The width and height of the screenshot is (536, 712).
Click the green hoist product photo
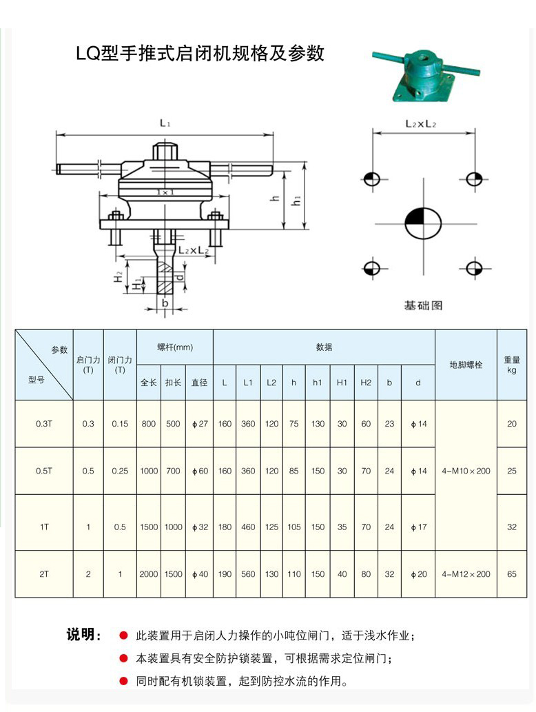(x=424, y=74)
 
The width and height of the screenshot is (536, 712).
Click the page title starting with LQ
(x=200, y=53)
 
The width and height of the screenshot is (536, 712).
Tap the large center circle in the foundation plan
(x=422, y=223)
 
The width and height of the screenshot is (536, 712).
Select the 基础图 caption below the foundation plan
(x=422, y=304)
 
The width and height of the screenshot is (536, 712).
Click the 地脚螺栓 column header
(x=466, y=365)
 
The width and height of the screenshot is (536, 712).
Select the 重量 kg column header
(x=511, y=365)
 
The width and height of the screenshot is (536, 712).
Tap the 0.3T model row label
(x=43, y=424)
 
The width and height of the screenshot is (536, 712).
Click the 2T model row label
(x=43, y=573)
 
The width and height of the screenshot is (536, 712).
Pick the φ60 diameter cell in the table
(x=199, y=471)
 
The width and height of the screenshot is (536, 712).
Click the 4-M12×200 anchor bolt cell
(x=466, y=573)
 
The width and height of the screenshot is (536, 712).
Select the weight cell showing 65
(x=511, y=573)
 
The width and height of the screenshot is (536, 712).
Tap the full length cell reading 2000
(x=148, y=573)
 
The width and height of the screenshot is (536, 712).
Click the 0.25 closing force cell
(x=120, y=471)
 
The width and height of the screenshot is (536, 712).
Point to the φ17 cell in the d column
(x=418, y=527)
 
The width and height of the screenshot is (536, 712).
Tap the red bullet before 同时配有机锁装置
(x=123, y=681)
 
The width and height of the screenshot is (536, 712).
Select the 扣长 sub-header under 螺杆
(x=173, y=383)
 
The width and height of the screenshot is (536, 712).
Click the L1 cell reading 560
(x=248, y=573)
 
